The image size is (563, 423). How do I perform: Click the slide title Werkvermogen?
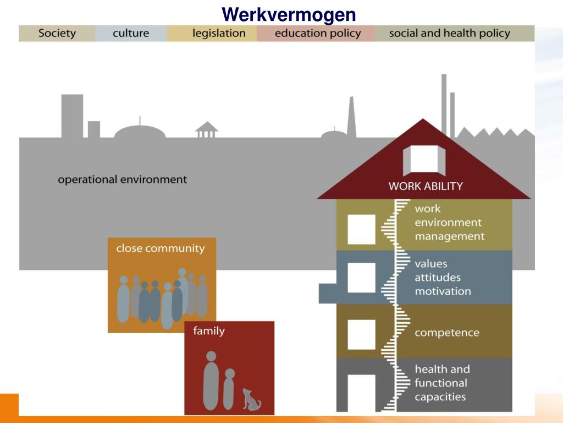(289, 14)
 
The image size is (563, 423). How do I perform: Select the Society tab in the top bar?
(57, 33)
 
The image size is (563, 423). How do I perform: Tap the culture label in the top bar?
(131, 33)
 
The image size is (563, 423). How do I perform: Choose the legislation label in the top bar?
(219, 33)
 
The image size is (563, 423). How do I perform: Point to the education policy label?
(318, 33)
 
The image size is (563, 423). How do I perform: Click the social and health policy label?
(449, 33)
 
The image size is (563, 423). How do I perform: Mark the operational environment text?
(123, 180)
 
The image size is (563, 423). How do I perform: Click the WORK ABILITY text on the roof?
(426, 186)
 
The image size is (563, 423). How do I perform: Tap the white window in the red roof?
(423, 159)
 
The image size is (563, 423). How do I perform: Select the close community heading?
(160, 248)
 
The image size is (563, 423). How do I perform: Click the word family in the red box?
(208, 331)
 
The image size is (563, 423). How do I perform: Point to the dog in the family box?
(251, 399)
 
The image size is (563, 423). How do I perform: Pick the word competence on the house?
(446, 333)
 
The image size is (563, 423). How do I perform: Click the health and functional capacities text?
(441, 383)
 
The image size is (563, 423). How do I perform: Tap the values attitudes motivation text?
(443, 278)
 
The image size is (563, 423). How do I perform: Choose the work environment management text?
(449, 223)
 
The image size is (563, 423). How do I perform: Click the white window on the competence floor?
(361, 334)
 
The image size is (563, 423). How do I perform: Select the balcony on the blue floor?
(328, 293)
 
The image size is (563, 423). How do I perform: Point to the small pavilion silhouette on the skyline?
(207, 130)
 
